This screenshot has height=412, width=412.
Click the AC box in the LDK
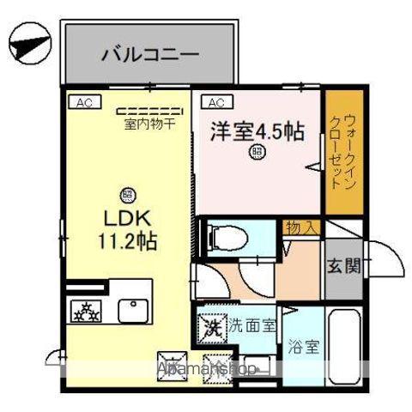pyautogui.click(x=83, y=102)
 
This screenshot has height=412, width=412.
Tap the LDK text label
pyautogui.click(x=127, y=216)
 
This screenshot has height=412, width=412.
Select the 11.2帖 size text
pyautogui.click(x=127, y=239)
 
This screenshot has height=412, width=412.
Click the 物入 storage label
pyautogui.click(x=302, y=227)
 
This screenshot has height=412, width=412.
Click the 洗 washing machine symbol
pyautogui.click(x=212, y=327)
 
